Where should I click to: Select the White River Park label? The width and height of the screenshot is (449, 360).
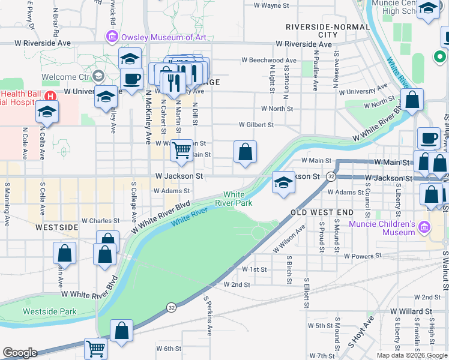tap(234, 199)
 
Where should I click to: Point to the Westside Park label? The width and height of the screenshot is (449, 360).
tap(50, 311)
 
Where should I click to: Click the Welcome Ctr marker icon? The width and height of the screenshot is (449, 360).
tap(98, 77)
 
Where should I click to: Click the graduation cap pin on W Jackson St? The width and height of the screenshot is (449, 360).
tap(282, 182)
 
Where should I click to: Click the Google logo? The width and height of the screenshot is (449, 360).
tap(20, 353)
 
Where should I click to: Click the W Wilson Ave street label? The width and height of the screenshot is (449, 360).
tap(289, 239)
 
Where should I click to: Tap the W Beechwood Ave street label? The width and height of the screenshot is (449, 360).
tap(270, 61)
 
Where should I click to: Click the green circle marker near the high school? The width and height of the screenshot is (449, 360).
tap(438, 58)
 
